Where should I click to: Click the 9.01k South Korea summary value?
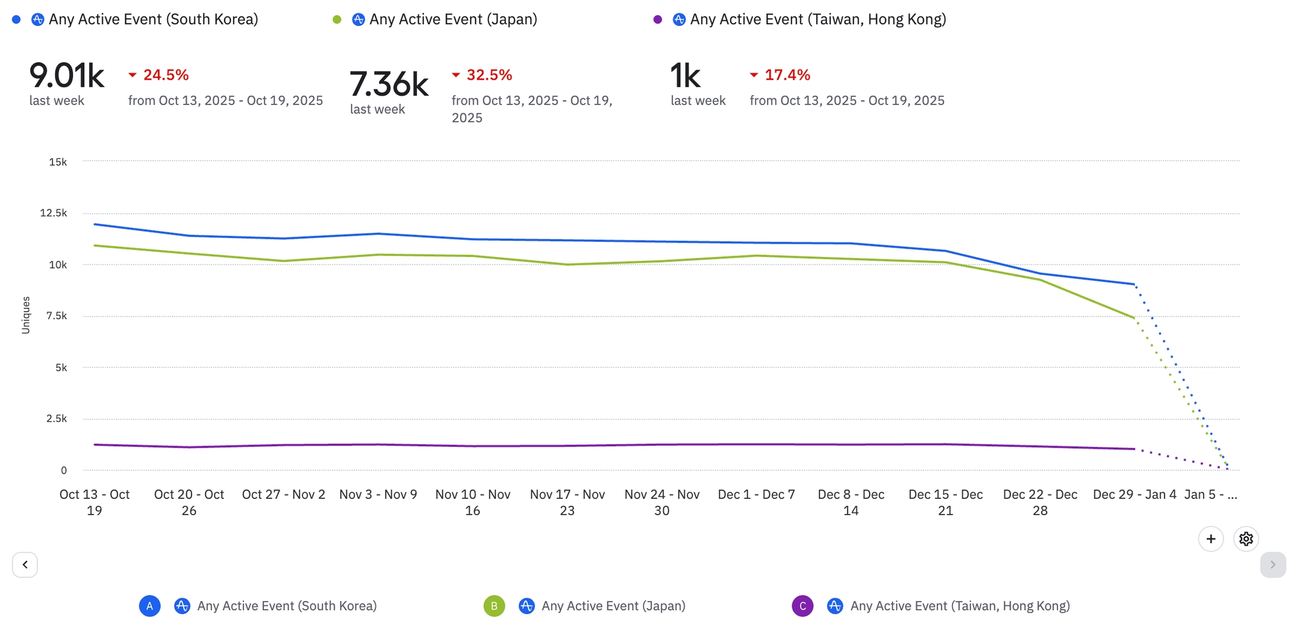pyautogui.click(x=66, y=76)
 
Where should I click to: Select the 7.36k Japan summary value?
pyautogui.click(x=389, y=84)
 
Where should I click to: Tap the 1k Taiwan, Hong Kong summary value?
pyautogui.click(x=685, y=76)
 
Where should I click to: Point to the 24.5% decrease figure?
pyautogui.click(x=165, y=75)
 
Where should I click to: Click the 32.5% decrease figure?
pyautogui.click(x=489, y=75)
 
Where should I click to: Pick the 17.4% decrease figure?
pyautogui.click(x=787, y=75)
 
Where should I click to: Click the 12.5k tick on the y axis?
pyautogui.click(x=54, y=213)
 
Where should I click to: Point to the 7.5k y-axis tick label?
pyautogui.click(x=56, y=315)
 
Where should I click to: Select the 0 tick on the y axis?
pyautogui.click(x=63, y=470)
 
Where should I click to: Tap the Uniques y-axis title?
pyautogui.click(x=26, y=315)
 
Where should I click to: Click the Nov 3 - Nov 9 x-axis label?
pyautogui.click(x=378, y=494)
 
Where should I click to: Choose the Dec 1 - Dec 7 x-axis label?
pyautogui.click(x=756, y=494)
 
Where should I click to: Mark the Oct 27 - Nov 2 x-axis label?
pyautogui.click(x=283, y=494)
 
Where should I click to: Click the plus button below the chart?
pyautogui.click(x=1211, y=539)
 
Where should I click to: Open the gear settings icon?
pyautogui.click(x=1246, y=539)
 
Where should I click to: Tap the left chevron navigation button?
pyautogui.click(x=25, y=565)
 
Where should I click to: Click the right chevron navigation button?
pyautogui.click(x=1273, y=565)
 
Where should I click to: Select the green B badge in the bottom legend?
pyautogui.click(x=494, y=606)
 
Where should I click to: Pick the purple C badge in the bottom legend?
pyautogui.click(x=802, y=606)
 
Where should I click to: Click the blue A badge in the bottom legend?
pyautogui.click(x=150, y=606)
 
